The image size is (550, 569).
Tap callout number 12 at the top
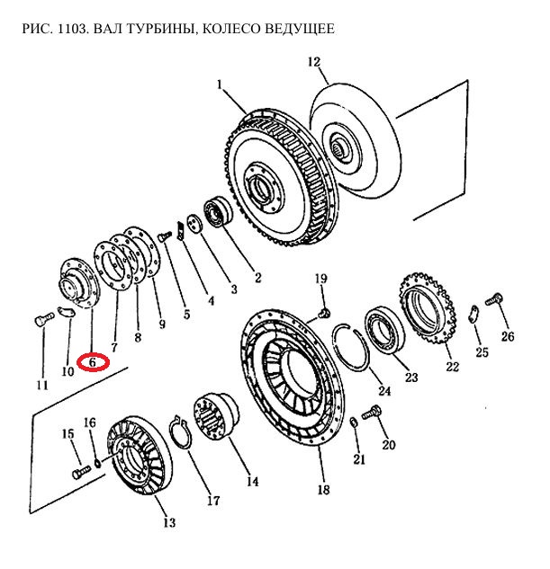(x=313, y=62)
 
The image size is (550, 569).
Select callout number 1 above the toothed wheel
(x=219, y=84)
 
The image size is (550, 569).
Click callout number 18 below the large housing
(x=323, y=490)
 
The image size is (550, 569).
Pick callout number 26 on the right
(x=508, y=337)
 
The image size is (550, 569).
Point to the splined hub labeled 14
(x=214, y=417)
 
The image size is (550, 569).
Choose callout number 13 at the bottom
(x=168, y=522)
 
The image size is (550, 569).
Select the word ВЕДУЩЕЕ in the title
(x=300, y=30)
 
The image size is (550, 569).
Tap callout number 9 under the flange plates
(x=162, y=324)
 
